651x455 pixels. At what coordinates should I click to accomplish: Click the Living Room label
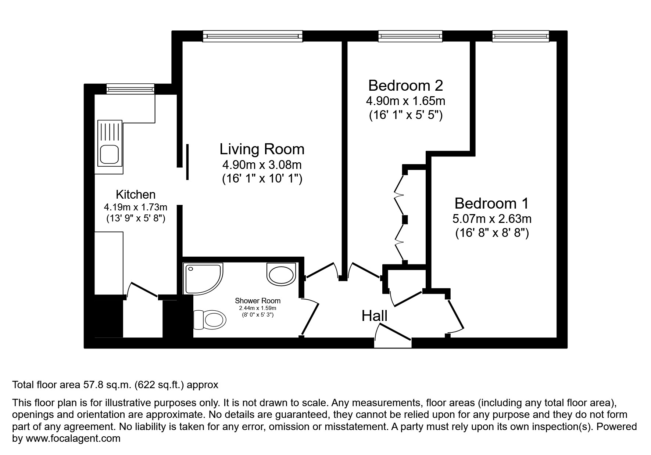click(262, 149)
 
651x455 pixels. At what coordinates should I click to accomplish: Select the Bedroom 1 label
click(491, 203)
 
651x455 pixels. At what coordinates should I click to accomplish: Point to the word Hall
click(374, 316)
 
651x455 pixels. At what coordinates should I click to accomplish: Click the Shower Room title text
click(258, 301)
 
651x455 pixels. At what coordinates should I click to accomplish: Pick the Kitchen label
click(136, 194)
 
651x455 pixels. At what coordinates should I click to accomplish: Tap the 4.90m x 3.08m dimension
click(262, 165)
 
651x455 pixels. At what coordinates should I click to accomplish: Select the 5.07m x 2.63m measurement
click(491, 219)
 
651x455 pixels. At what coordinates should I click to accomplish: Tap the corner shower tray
click(202, 278)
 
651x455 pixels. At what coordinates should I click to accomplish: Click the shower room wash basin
click(281, 274)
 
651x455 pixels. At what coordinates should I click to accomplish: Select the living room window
click(253, 36)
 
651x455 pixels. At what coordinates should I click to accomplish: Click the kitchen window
click(130, 89)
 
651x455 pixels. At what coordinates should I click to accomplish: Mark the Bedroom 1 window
click(521, 36)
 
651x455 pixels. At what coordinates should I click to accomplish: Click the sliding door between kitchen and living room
click(187, 162)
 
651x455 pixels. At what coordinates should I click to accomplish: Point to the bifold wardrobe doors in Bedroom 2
click(400, 217)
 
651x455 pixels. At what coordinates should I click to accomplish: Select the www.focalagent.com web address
click(73, 438)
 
